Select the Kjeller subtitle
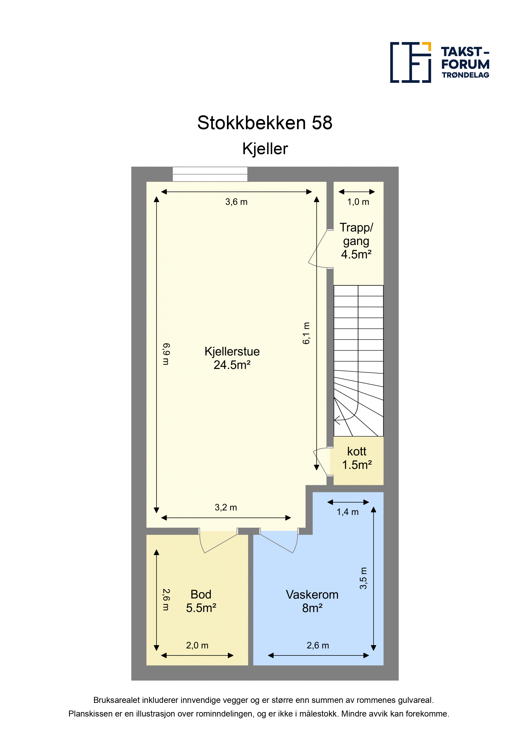pyautogui.click(x=265, y=149)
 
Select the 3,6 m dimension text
pyautogui.click(x=236, y=202)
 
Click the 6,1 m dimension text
pyautogui.click(x=306, y=333)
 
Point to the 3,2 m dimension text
pyautogui.click(x=226, y=507)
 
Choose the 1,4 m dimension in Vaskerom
pyautogui.click(x=348, y=512)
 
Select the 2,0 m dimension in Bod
pyautogui.click(x=197, y=645)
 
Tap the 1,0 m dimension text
pyautogui.click(x=358, y=202)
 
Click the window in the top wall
pyautogui.click(x=210, y=174)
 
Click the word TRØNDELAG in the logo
pyautogui.click(x=465, y=75)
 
